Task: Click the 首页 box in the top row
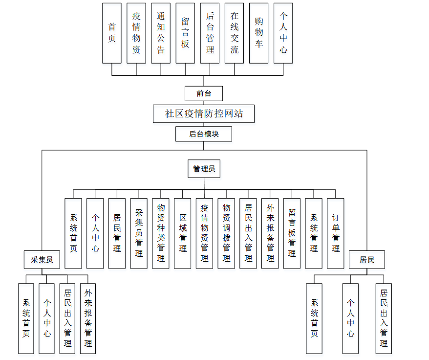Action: (x=112, y=33)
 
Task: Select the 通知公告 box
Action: (x=161, y=33)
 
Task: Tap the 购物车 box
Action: (x=259, y=33)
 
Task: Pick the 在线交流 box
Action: (x=235, y=33)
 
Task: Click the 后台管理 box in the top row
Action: (x=210, y=33)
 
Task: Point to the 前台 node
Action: (x=204, y=93)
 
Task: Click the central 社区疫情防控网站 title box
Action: (x=204, y=114)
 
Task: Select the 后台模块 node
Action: (x=204, y=134)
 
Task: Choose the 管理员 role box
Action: (x=204, y=169)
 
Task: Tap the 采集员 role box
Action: (x=42, y=260)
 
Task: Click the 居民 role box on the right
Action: (x=367, y=260)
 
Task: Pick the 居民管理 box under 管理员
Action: (x=117, y=233)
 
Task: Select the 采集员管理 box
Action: (x=139, y=233)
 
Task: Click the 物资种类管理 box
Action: (x=161, y=233)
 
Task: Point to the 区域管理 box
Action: (x=183, y=233)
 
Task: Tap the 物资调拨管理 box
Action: (x=226, y=233)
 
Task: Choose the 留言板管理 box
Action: (x=292, y=233)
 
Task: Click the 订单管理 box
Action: (x=336, y=233)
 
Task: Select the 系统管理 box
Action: (x=314, y=233)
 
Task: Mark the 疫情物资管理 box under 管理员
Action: (x=204, y=233)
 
